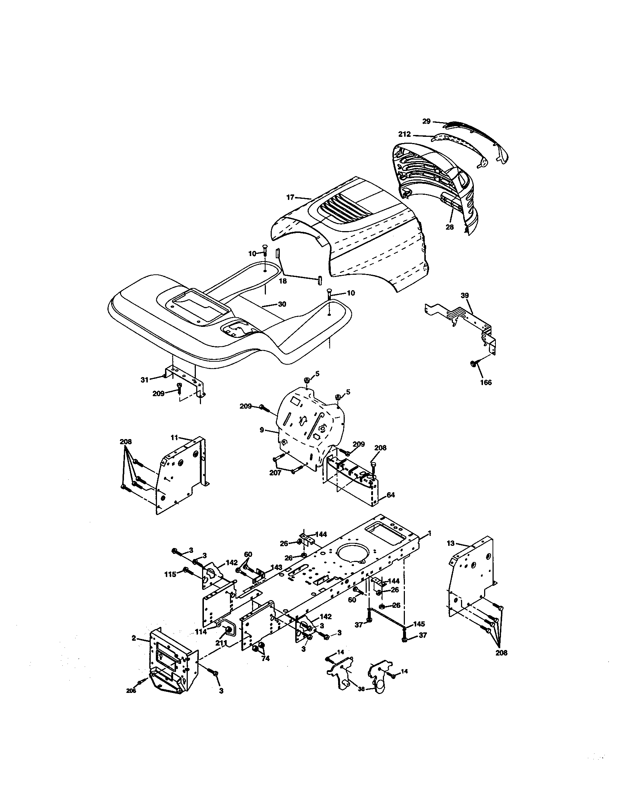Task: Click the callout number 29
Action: pyautogui.click(x=426, y=121)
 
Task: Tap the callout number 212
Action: pyautogui.click(x=404, y=134)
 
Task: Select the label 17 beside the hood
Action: pyautogui.click(x=290, y=197)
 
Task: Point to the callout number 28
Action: pyautogui.click(x=449, y=227)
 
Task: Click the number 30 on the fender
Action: pyautogui.click(x=282, y=304)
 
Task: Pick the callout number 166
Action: pyautogui.click(x=486, y=383)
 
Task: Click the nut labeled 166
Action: pyautogui.click(x=472, y=364)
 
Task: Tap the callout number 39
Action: pyautogui.click(x=465, y=295)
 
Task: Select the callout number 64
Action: pyautogui.click(x=391, y=494)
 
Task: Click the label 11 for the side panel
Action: pyautogui.click(x=174, y=438)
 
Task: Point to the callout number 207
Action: pyautogui.click(x=275, y=472)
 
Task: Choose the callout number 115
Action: pyautogui.click(x=170, y=574)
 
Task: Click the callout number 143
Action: pyautogui.click(x=276, y=567)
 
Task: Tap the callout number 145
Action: pyautogui.click(x=419, y=624)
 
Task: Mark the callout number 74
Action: pyautogui.click(x=265, y=658)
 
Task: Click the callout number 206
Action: pyautogui.click(x=131, y=691)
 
